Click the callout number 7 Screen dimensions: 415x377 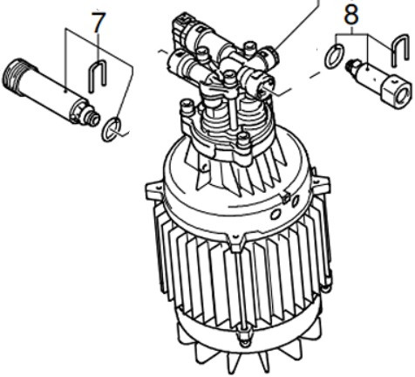point(99,23)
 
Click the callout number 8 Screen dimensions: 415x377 point(351,14)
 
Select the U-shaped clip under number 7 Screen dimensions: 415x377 point(97,76)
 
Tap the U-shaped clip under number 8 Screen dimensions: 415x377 point(399,50)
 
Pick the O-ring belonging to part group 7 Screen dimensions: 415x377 point(112,129)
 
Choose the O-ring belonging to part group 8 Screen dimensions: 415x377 point(334,55)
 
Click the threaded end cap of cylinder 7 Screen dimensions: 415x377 point(15,76)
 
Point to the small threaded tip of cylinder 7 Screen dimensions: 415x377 point(93,120)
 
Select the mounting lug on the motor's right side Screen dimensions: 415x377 point(321,184)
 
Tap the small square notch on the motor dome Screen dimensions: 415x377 point(286,198)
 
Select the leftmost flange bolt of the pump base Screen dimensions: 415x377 point(187,106)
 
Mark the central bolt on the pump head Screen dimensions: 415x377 point(229,76)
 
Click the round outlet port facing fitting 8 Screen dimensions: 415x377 point(264,86)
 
